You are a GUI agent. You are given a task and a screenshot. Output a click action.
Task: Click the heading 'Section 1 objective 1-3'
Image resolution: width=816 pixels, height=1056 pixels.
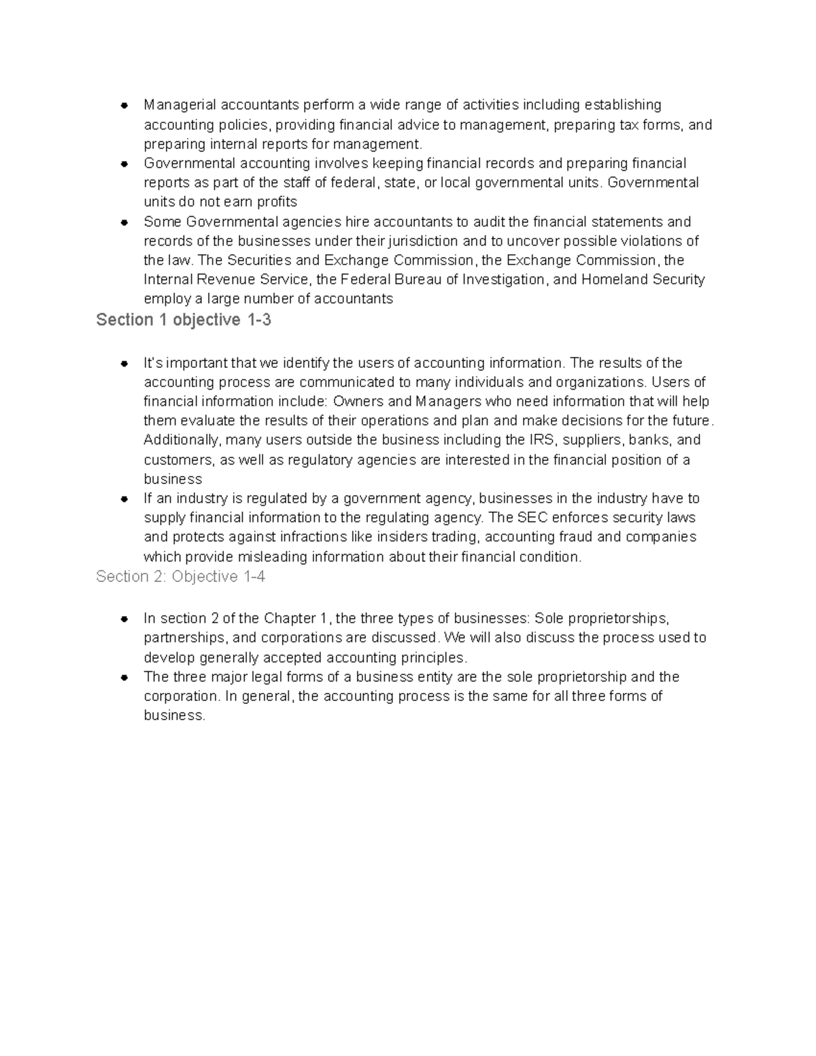[184, 320]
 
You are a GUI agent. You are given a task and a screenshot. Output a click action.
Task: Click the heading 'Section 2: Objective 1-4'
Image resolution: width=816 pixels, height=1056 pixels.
[180, 577]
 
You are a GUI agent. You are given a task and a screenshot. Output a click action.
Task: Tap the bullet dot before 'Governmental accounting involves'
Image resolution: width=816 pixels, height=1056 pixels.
[124, 164]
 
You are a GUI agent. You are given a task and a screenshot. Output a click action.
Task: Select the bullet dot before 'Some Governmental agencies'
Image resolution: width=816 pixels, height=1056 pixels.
[124, 222]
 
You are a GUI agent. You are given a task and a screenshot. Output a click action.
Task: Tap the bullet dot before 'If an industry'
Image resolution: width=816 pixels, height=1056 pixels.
[124, 498]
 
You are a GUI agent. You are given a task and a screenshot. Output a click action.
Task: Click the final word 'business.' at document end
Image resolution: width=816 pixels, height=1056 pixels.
[174, 715]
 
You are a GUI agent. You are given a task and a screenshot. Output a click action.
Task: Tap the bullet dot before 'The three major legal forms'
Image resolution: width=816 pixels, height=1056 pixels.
[124, 677]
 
